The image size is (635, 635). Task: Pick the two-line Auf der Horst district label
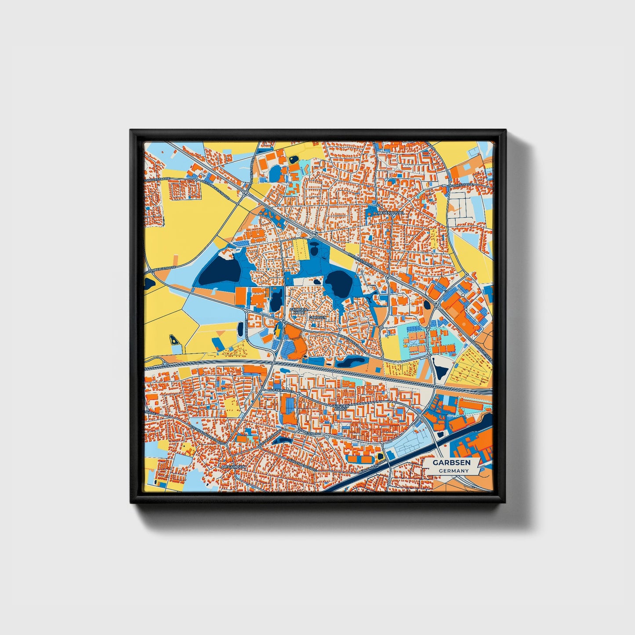pyautogui.click(x=341, y=407)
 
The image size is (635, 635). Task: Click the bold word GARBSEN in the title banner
pyautogui.click(x=451, y=463)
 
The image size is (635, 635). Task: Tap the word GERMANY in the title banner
pyautogui.click(x=454, y=471)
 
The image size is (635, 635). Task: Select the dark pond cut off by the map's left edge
pyautogui.click(x=148, y=283)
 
